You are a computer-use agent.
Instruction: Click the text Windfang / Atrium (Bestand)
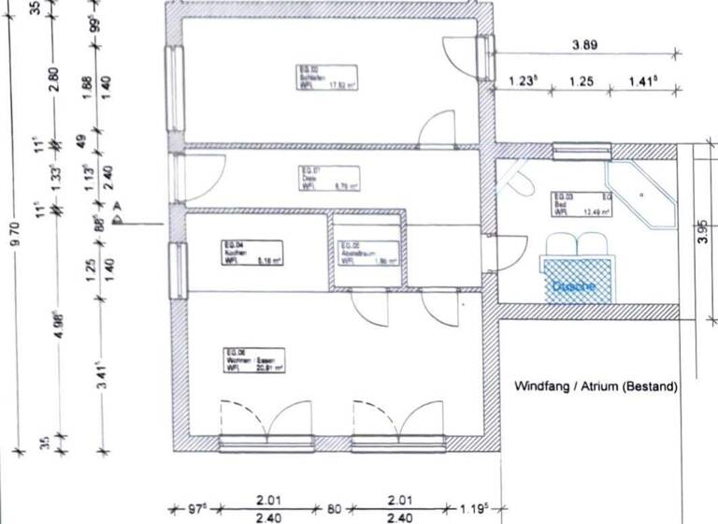[x=596, y=386]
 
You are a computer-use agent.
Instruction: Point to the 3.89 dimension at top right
[x=585, y=44]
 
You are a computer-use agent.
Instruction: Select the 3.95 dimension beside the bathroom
[x=703, y=230]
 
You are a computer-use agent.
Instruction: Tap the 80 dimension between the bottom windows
[x=334, y=511]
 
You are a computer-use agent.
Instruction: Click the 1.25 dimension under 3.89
[x=582, y=82]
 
